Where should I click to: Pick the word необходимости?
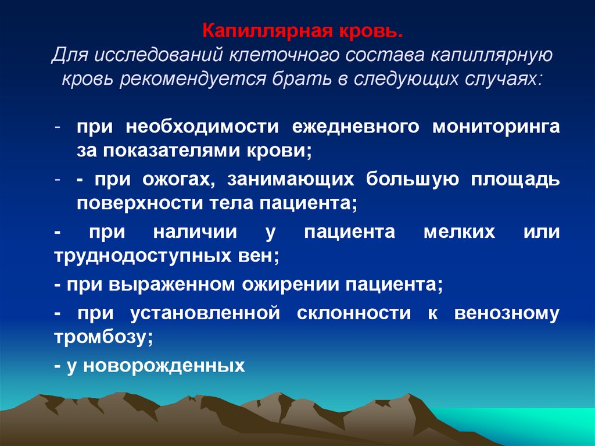pos(198,127)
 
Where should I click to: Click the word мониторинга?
pos(496,127)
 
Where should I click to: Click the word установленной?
pos(206,314)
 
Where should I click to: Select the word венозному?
pos(507,314)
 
